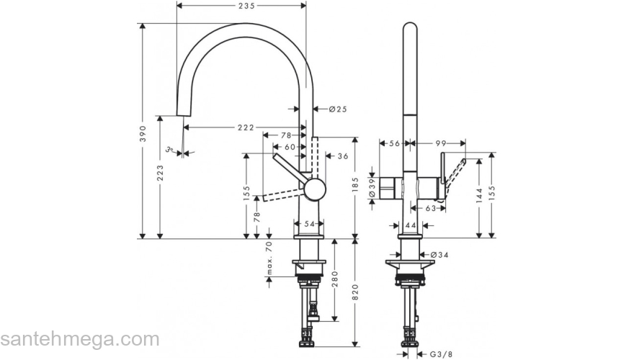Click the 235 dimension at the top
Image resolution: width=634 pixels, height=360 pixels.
[241, 5]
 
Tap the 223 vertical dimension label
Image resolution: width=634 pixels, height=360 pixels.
[159, 174]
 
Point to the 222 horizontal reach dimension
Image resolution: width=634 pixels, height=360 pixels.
[245, 127]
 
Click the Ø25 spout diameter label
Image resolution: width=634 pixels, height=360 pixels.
[338, 109]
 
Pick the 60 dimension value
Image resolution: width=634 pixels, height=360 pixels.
[290, 147]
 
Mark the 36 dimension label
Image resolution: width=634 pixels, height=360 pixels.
[342, 156]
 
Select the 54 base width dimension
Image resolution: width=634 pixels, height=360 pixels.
[310, 225]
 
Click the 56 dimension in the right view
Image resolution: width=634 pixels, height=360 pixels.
[394, 144]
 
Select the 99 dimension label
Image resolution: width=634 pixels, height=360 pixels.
[442, 144]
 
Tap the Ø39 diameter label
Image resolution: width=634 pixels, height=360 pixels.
[372, 188]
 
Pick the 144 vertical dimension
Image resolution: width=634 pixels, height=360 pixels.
[478, 197]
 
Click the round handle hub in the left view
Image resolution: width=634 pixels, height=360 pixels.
[314, 189]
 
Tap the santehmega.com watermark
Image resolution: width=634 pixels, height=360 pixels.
[79, 339]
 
